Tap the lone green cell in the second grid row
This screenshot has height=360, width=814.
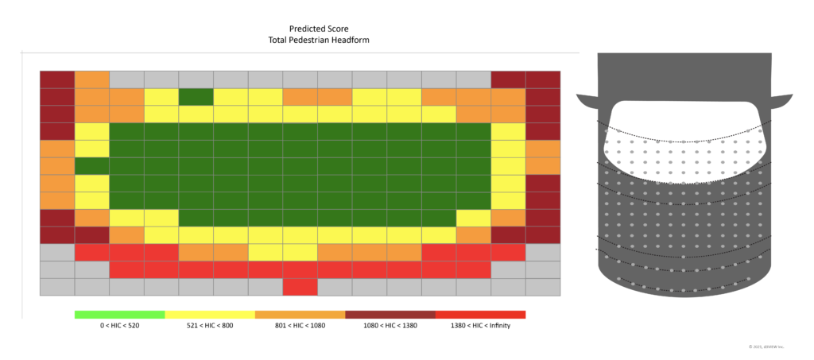point(196,97)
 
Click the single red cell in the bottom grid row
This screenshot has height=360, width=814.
point(300,287)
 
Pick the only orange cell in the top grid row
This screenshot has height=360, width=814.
point(92,79)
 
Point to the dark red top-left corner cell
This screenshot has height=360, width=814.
point(57,79)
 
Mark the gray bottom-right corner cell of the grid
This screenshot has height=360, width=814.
point(543,287)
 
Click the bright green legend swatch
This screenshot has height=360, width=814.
point(119,315)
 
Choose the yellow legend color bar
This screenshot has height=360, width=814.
point(210,315)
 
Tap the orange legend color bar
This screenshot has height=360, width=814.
point(300,315)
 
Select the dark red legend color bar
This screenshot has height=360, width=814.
point(390,315)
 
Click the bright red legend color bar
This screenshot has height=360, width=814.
point(480,315)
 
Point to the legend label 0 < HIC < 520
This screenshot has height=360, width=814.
point(119,326)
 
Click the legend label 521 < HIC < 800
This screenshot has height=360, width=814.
point(210,326)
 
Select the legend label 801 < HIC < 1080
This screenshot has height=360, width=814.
point(300,326)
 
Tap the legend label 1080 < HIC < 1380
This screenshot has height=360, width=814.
point(390,326)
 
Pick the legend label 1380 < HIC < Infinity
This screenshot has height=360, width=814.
point(480,326)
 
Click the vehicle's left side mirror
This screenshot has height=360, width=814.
point(588,101)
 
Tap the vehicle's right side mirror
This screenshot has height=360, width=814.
point(782,101)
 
